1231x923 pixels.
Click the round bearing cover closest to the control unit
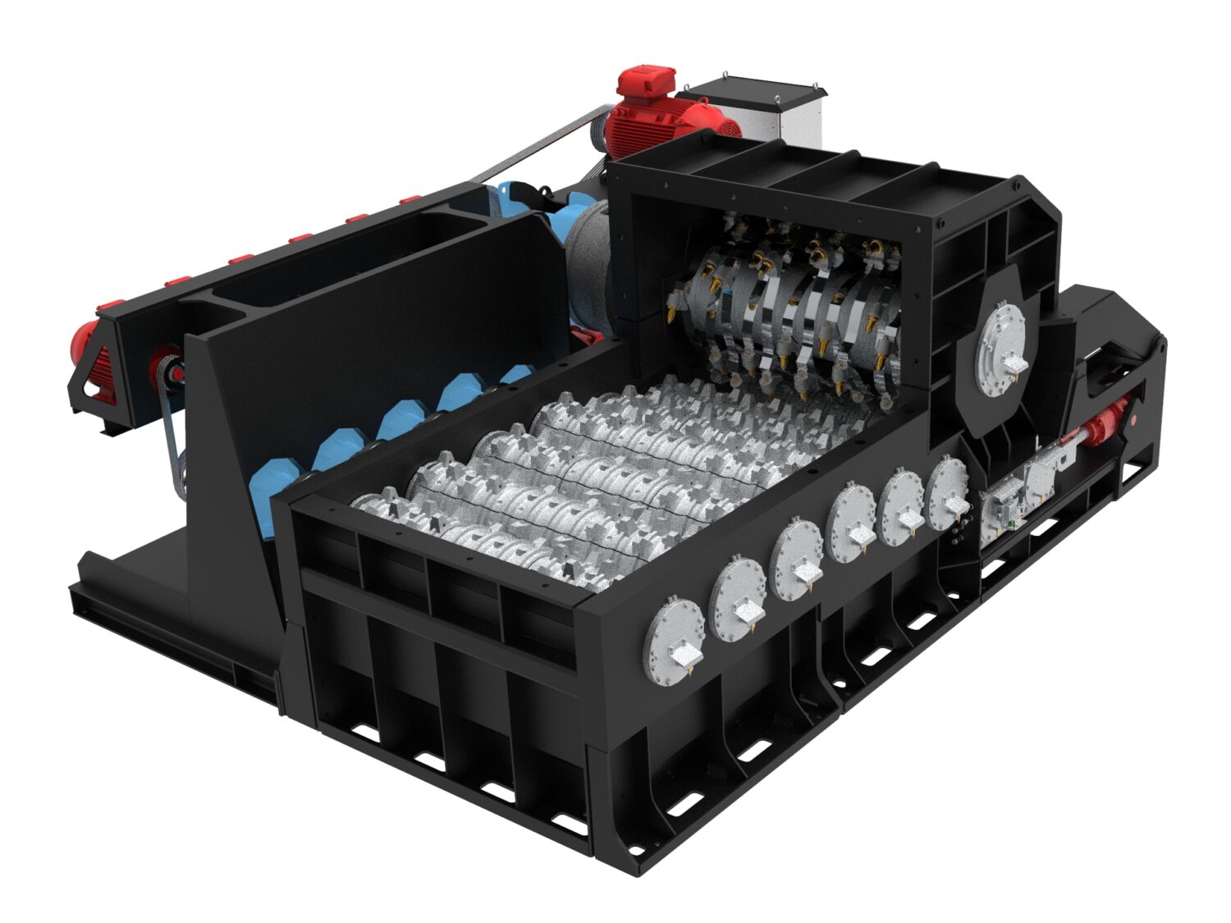tap(950, 492)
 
